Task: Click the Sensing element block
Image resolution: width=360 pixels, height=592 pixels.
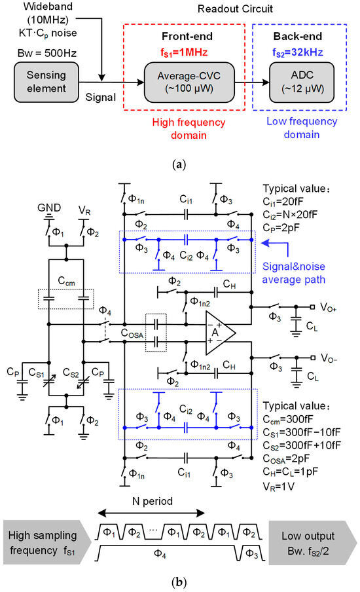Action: (x=45, y=89)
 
